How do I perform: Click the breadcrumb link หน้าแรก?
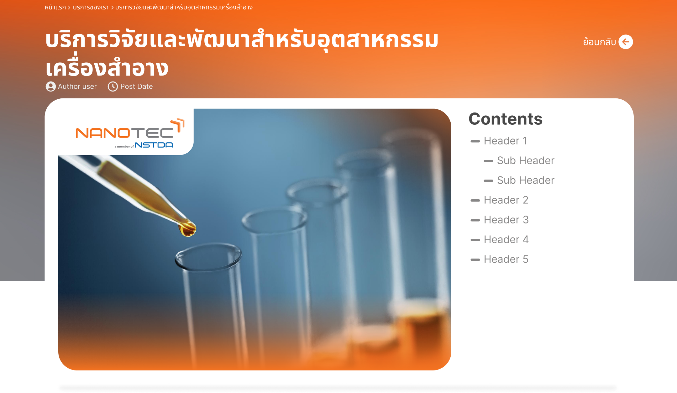pos(55,7)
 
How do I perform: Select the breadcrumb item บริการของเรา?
pos(91,7)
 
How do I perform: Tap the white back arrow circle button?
pos(626,42)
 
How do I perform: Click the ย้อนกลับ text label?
pos(600,42)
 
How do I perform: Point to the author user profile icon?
pos(50,86)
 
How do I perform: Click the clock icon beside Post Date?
pos(113,86)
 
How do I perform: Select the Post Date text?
pos(137,86)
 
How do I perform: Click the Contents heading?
pos(506,119)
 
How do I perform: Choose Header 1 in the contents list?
pos(505,141)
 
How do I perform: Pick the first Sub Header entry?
pos(526,160)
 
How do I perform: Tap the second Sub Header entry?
pos(526,180)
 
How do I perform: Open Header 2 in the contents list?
pos(506,200)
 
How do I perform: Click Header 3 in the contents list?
pos(506,220)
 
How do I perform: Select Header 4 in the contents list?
pos(506,239)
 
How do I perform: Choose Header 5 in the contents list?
pos(506,259)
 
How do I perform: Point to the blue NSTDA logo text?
pos(154,145)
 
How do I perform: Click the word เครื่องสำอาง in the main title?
pos(107,67)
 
